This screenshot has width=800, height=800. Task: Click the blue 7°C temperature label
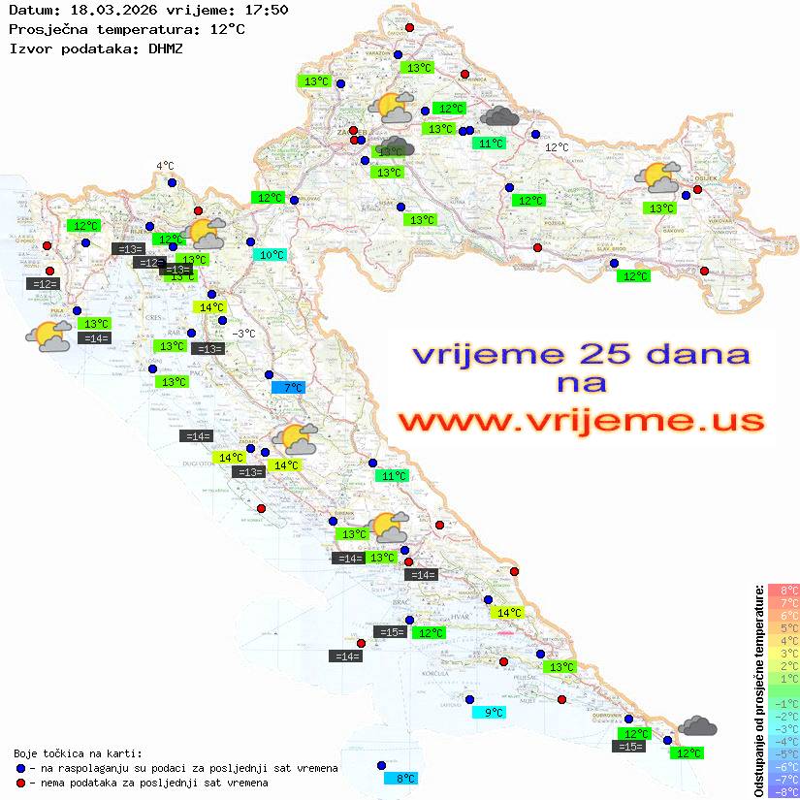[x=288, y=388]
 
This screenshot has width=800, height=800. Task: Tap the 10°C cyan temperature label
[x=271, y=255]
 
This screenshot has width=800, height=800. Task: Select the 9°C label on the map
[x=489, y=713]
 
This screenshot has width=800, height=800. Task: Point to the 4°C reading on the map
[x=165, y=166]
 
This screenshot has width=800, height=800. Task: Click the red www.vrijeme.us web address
[x=581, y=421]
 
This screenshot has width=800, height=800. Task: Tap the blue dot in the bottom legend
[x=20, y=768]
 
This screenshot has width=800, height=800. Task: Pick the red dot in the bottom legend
[x=20, y=783]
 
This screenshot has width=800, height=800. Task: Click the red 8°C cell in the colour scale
[x=784, y=591]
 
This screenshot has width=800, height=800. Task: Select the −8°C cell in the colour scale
[x=784, y=792]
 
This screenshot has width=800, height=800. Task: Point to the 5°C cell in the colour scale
[x=784, y=628]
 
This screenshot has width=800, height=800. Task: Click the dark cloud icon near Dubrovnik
[x=697, y=726]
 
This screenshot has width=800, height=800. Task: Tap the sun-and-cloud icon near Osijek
[x=657, y=177]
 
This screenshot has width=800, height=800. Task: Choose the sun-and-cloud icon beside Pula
[x=48, y=336]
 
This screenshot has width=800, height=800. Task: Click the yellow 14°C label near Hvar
[x=507, y=613]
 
